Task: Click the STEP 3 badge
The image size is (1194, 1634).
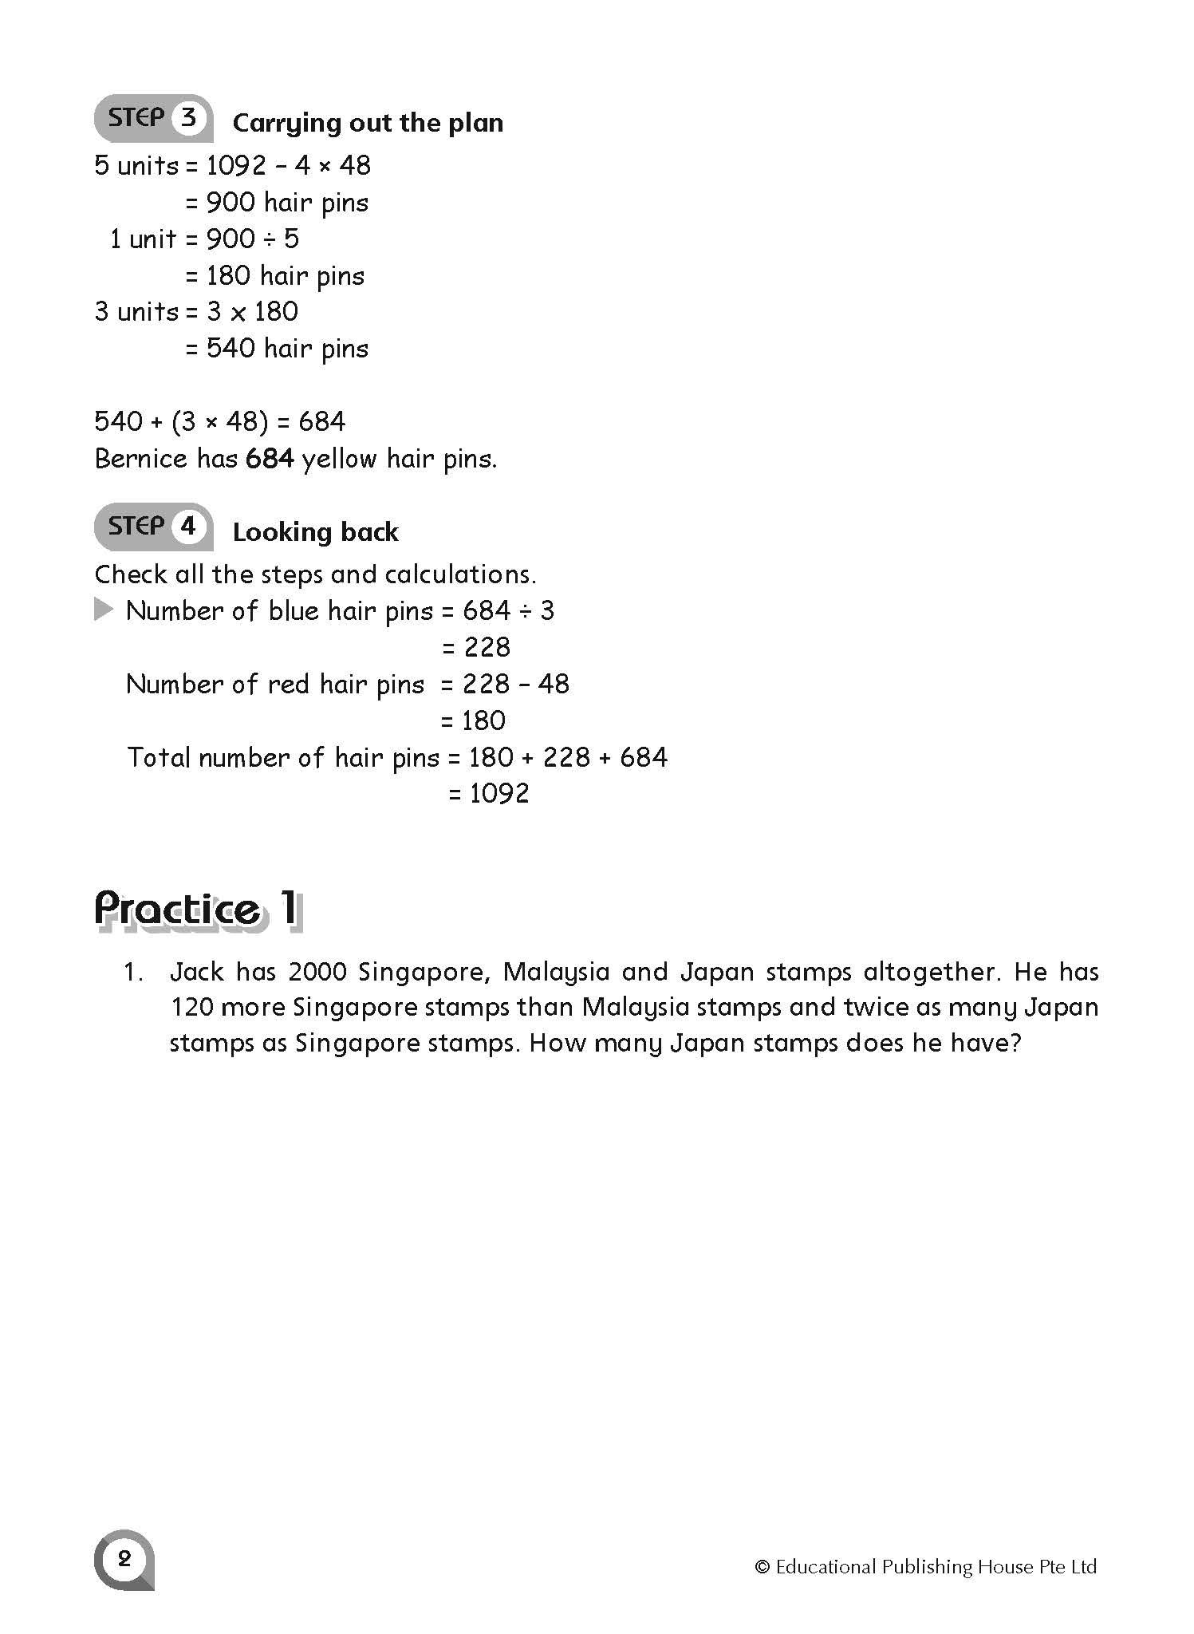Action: (x=153, y=119)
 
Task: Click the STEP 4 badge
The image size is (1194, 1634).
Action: (x=153, y=527)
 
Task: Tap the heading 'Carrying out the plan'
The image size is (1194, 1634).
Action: (x=368, y=123)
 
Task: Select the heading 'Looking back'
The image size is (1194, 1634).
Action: (x=315, y=532)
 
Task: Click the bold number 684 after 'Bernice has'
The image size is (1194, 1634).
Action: (x=270, y=459)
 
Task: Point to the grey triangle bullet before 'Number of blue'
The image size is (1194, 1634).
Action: (x=104, y=610)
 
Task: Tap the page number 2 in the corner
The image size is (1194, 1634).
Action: (x=124, y=1558)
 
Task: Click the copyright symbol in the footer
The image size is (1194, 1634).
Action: (x=762, y=1567)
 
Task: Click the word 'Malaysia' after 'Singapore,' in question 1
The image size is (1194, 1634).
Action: (x=557, y=972)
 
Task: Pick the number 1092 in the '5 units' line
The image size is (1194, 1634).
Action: (x=236, y=166)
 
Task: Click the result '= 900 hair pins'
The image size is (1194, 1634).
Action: (x=277, y=203)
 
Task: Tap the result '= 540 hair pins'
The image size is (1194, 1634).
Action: (x=277, y=349)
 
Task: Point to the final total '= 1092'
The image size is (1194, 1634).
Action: (x=489, y=793)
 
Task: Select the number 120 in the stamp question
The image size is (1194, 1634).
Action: (x=191, y=1008)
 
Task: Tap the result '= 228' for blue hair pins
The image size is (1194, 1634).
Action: (x=476, y=647)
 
